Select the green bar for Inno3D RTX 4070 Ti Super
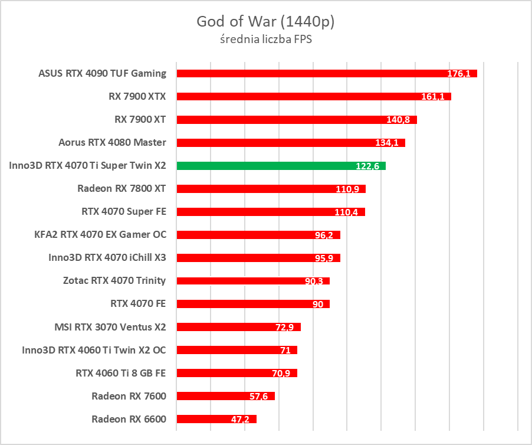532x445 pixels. point(265,166)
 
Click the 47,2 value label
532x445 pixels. point(240,420)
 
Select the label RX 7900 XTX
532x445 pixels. point(136,96)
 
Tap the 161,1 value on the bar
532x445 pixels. point(433,97)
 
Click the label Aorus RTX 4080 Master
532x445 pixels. point(112,142)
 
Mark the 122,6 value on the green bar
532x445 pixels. point(367,166)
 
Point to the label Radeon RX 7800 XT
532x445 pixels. point(121,189)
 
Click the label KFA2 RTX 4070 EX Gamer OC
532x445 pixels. point(100,235)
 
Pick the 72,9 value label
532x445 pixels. point(284,327)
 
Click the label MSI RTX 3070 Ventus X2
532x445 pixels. point(110,327)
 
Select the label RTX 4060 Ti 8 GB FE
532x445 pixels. point(121,373)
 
